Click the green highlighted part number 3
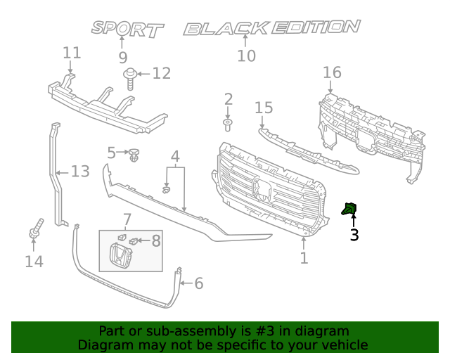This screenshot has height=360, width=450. pyautogui.click(x=349, y=208)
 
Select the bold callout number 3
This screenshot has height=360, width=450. pyautogui.click(x=354, y=236)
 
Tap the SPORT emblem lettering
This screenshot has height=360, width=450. pyautogui.click(x=127, y=29)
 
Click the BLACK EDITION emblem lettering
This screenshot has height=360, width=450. pyautogui.click(x=271, y=28)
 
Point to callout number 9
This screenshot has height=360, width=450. pyautogui.click(x=123, y=58)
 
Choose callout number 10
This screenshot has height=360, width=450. pyautogui.click(x=246, y=56)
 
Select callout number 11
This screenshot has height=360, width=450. pyautogui.click(x=72, y=53)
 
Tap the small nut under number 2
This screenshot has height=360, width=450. pyautogui.click(x=228, y=125)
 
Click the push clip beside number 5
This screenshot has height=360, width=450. pyautogui.click(x=135, y=153)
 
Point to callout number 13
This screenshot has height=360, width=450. pyautogui.click(x=81, y=171)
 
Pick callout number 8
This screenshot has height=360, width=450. pyautogui.click(x=155, y=241)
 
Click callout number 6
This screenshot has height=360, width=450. pyautogui.click(x=198, y=283)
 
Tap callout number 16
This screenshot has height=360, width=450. pyautogui.click(x=332, y=72)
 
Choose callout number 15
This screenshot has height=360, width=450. pyautogui.click(x=264, y=108)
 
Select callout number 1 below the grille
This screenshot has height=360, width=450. pyautogui.click(x=304, y=258)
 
